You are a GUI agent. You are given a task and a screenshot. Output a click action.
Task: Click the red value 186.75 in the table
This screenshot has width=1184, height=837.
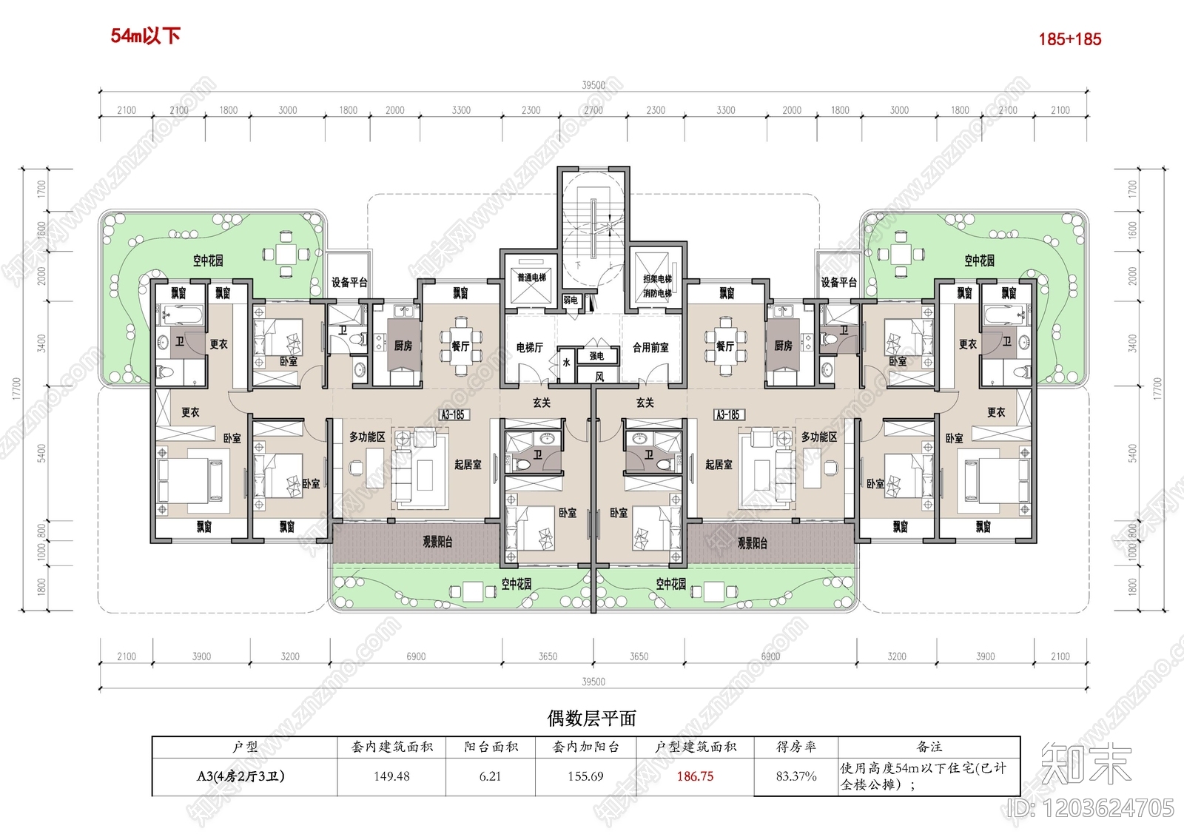coord(695,776)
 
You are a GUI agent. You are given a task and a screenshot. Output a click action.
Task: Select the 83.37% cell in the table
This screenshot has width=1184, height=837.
coord(796,776)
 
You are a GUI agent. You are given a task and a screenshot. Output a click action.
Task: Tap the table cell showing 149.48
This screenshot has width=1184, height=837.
coord(391,776)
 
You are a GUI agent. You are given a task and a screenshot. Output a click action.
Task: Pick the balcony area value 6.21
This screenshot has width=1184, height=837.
coord(490,776)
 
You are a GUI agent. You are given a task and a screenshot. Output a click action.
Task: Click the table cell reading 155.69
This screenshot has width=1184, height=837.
coord(585,776)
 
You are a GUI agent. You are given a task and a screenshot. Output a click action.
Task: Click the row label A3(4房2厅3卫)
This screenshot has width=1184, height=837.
coord(241,776)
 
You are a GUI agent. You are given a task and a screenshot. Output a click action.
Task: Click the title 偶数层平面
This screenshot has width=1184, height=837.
coord(591,718)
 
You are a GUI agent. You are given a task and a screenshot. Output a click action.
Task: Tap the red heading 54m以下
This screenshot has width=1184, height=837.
coord(145,36)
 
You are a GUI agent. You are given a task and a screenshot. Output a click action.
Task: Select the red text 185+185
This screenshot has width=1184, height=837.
coord(1069,39)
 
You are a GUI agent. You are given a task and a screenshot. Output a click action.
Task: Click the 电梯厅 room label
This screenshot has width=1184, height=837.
coord(530,347)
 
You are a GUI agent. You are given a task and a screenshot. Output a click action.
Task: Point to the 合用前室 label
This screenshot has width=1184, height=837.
coord(650,347)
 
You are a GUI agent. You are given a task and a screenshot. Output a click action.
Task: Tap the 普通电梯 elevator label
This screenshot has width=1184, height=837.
coord(531,278)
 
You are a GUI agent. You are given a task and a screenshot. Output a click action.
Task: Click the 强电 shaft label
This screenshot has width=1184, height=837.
coord(596,356)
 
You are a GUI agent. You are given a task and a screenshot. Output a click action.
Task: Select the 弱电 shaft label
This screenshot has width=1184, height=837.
coord(570,300)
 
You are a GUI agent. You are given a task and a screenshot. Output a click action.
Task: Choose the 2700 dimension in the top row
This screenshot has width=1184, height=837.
coord(593,110)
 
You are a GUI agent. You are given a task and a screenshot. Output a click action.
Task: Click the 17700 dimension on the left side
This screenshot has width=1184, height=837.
coord(17,389)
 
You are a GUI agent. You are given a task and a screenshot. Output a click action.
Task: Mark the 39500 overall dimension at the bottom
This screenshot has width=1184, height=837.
coord(593,682)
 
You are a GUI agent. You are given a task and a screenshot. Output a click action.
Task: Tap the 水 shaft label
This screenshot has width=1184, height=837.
coord(567,363)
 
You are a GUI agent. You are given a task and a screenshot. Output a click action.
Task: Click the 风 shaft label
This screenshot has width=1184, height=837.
coord(599,377)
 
